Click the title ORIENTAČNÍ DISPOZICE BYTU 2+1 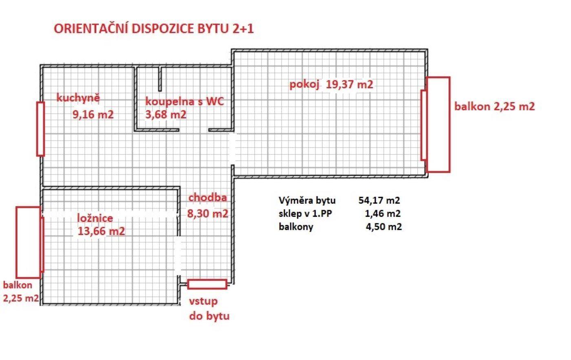(154, 28)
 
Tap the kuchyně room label (78, 98)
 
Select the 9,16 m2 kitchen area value (93, 115)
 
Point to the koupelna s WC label (184, 102)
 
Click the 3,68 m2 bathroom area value (166, 115)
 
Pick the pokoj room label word (304, 84)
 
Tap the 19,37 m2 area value (350, 84)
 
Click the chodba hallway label (208, 198)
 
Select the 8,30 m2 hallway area (208, 213)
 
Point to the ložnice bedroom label (95, 218)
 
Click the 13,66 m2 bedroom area (101, 231)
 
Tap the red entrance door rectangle (207, 284)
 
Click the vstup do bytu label (209, 309)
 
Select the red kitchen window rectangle (40, 129)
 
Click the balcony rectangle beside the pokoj (438, 125)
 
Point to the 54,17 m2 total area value (379, 200)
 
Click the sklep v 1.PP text (305, 213)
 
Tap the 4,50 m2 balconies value (384, 227)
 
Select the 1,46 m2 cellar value (383, 213)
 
